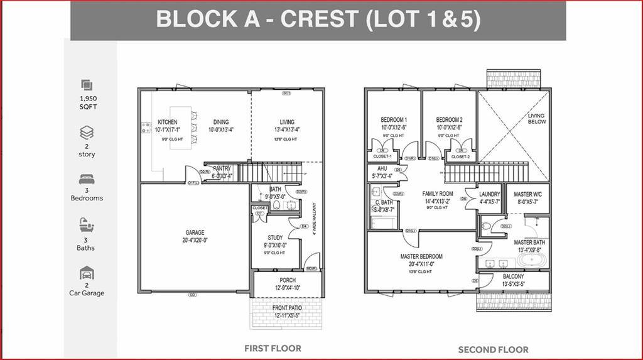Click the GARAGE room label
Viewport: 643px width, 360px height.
click(x=195, y=232)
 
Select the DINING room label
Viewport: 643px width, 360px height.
click(x=220, y=122)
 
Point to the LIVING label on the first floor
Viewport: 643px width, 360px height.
click(x=287, y=122)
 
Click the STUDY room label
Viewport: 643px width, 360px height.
click(x=274, y=237)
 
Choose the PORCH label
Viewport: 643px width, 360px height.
click(x=287, y=280)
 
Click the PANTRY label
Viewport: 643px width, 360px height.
click(x=222, y=168)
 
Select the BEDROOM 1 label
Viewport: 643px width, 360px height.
click(x=394, y=120)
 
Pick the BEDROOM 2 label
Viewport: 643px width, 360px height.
click(x=449, y=120)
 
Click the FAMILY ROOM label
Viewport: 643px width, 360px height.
click(x=438, y=194)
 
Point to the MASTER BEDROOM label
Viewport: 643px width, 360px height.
click(x=421, y=256)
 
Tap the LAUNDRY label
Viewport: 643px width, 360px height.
click(x=489, y=195)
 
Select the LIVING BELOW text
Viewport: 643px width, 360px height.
click(x=536, y=119)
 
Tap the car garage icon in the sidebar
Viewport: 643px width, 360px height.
click(x=87, y=273)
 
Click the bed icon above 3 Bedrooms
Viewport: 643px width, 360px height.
click(x=87, y=178)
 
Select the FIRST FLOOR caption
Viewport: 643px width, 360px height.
click(x=273, y=348)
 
